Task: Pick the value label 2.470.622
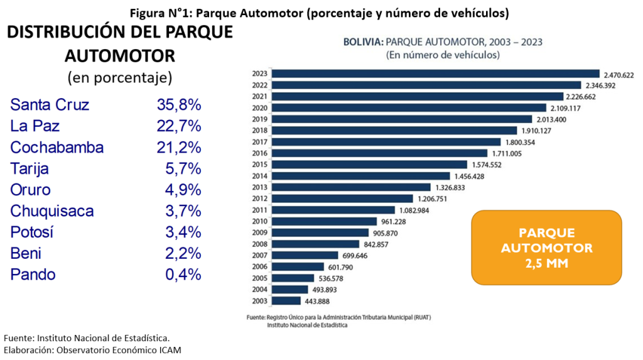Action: [x=619, y=74]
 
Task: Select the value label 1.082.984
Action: [x=414, y=210]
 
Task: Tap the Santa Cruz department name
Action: [x=50, y=104]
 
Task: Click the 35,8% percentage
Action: [x=179, y=104]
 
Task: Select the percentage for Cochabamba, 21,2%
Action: [x=179, y=147]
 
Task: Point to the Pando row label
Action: [x=33, y=275]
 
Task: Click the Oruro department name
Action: [x=31, y=190]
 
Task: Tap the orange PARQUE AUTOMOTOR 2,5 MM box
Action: [x=546, y=248]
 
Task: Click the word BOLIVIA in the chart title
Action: [x=362, y=42]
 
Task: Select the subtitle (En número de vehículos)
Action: [x=443, y=55]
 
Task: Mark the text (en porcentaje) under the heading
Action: [x=119, y=77]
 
